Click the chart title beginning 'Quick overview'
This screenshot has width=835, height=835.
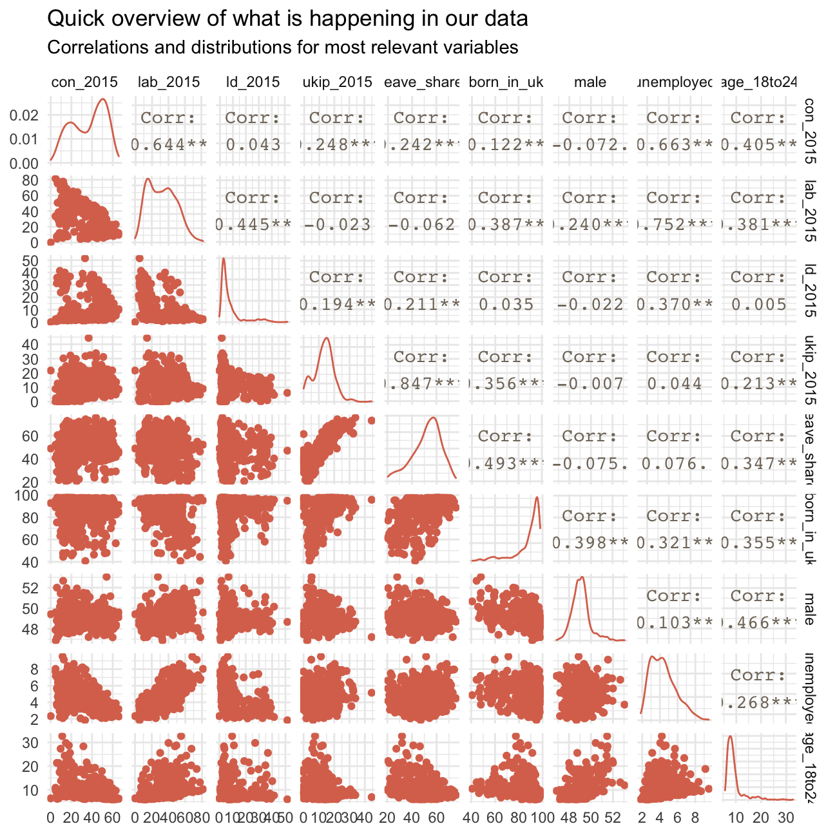pyautogui.click(x=287, y=19)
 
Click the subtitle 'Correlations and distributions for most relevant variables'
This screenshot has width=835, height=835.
pyautogui.click(x=283, y=48)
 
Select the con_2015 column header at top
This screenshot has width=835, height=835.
pyautogui.click(x=84, y=82)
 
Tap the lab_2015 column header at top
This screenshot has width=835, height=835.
pyautogui.click(x=169, y=82)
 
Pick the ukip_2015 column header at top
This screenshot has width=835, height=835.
pyautogui.click(x=338, y=82)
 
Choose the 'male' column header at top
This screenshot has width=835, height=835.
pyautogui.click(x=590, y=82)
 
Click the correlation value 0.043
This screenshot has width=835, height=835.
pyautogui.click(x=253, y=144)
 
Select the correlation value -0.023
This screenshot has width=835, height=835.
pyautogui.click(x=337, y=224)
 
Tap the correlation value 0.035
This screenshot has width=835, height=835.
pyautogui.click(x=506, y=304)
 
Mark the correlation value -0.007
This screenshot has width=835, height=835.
pyautogui.click(x=590, y=384)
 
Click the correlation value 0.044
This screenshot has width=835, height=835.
pyautogui.click(x=675, y=384)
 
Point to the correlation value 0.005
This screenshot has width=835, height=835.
pyautogui.click(x=758, y=304)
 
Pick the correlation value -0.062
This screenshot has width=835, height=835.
pyautogui.click(x=421, y=224)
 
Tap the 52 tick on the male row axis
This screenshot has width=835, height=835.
pyautogui.click(x=35, y=588)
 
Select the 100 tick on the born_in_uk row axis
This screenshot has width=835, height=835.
pyautogui.click(x=30, y=495)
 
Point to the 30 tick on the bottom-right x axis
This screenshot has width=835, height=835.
pyautogui.click(x=785, y=818)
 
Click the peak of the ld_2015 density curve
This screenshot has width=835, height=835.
pyautogui.click(x=224, y=258)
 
